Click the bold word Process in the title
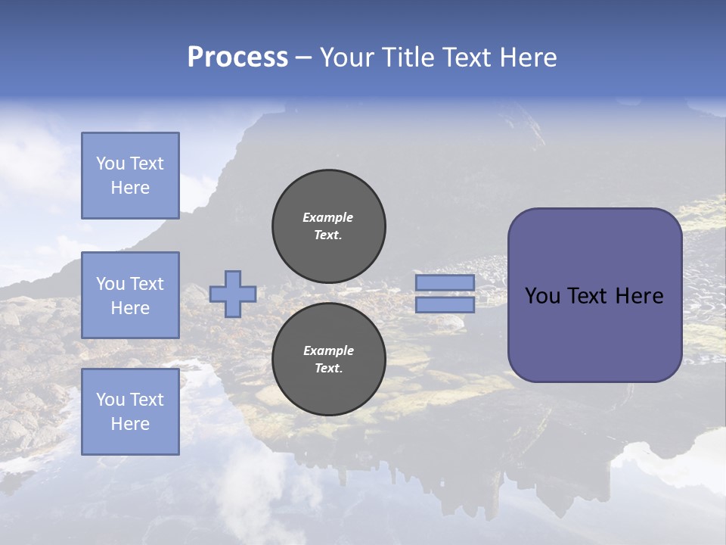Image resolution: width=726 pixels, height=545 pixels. (x=237, y=58)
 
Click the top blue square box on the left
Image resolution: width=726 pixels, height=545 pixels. (x=130, y=176)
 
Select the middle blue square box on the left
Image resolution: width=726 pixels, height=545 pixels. (x=130, y=295)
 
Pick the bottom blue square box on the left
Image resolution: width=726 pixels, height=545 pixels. (x=130, y=412)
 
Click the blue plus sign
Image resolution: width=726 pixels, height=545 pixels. (x=233, y=294)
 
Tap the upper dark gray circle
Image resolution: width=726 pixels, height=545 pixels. (x=329, y=226)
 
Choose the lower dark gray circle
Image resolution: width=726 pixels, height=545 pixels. (x=329, y=360)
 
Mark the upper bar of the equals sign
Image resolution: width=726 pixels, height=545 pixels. (x=445, y=282)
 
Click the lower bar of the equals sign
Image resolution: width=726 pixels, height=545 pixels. (x=445, y=304)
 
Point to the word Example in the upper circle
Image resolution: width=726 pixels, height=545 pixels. (x=328, y=217)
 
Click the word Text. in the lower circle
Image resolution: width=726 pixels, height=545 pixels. (x=328, y=369)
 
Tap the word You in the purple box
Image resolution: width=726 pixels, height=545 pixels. (x=542, y=296)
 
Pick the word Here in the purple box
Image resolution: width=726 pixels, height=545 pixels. (x=639, y=296)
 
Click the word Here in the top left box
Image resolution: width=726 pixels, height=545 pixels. (x=130, y=188)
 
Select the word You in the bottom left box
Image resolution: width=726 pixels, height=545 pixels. (x=110, y=400)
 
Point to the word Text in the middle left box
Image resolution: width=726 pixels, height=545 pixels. (x=147, y=284)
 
